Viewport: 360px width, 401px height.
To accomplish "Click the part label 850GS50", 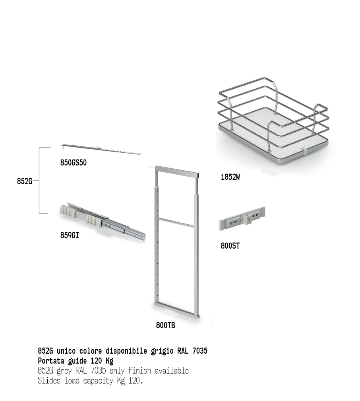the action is click(x=74, y=163).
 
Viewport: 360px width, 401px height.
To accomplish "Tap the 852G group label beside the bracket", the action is click(x=25, y=181).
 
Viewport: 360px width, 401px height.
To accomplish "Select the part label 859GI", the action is click(x=70, y=235).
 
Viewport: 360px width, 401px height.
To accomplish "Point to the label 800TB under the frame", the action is click(x=166, y=325).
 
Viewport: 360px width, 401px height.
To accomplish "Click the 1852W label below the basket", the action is click(x=230, y=177).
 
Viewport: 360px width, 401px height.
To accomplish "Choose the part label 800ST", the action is click(x=230, y=246).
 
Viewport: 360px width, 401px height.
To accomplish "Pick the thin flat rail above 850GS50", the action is click(x=101, y=149).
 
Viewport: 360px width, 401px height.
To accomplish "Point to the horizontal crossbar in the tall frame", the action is click(x=176, y=222).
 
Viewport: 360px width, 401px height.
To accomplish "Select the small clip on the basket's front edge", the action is click(x=303, y=152).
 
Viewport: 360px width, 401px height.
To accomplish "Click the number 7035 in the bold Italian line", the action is click(x=200, y=351).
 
